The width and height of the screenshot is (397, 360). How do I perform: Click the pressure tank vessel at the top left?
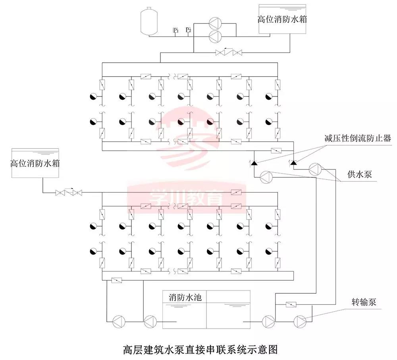click(x=150, y=21)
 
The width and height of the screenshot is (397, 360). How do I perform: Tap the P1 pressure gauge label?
click(x=175, y=30)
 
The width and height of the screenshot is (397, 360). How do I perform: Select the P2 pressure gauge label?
click(x=189, y=30)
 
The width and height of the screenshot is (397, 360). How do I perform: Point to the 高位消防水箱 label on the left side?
click(x=35, y=163)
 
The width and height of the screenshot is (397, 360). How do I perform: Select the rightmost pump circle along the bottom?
click(x=299, y=320)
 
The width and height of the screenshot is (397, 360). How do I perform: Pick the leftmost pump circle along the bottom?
click(x=119, y=321)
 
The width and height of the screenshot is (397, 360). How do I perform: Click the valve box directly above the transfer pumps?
click(x=291, y=305)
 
